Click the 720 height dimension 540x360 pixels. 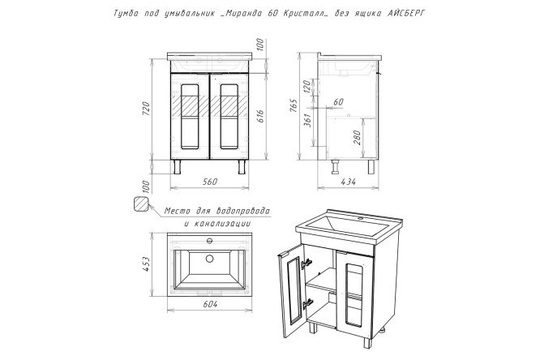click(x=147, y=109)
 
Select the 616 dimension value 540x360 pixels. click(x=260, y=116)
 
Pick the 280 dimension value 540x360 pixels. click(x=357, y=137)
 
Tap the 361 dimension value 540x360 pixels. click(x=308, y=120)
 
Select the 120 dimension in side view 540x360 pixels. click(x=306, y=84)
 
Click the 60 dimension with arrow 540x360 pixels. click(x=338, y=101)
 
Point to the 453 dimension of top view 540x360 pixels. click(x=147, y=264)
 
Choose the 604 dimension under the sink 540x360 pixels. click(x=210, y=304)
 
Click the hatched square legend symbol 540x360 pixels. click(x=141, y=204)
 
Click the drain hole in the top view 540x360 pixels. click(x=209, y=259)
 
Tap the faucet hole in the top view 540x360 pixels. click(x=209, y=240)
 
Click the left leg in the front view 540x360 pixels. click(x=178, y=167)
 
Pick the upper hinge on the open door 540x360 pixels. click(x=306, y=264)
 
